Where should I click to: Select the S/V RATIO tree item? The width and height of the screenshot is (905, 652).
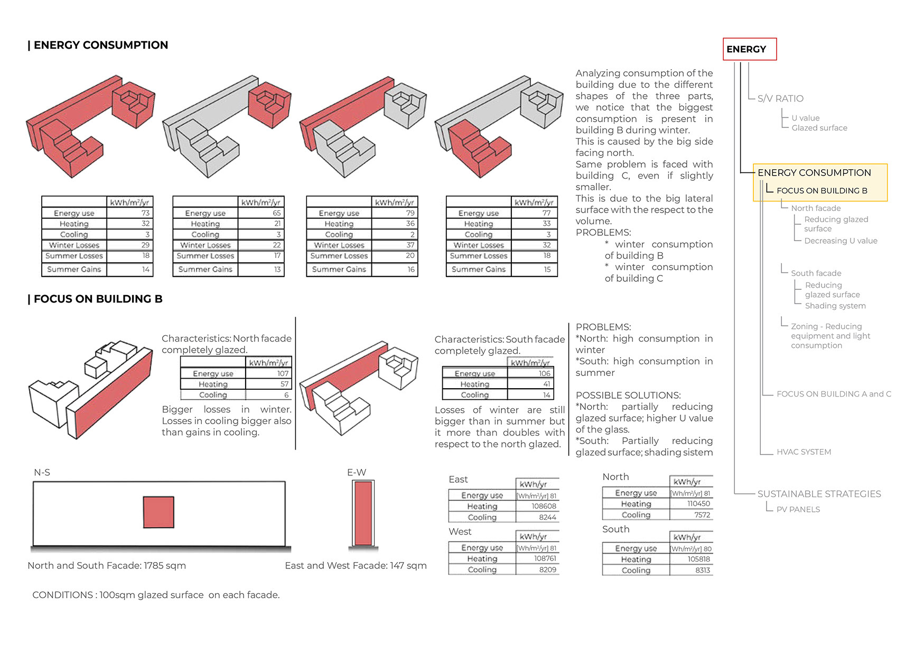pos(780,98)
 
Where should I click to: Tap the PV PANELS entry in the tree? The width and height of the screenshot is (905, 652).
pos(798,509)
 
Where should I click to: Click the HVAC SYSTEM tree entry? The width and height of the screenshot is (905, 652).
pos(803,452)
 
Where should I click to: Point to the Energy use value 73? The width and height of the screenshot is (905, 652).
pos(145,213)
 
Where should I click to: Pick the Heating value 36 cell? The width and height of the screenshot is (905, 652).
pos(410,224)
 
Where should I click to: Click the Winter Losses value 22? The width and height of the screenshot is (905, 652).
pos(277,245)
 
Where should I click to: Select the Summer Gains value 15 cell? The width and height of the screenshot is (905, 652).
pos(547,269)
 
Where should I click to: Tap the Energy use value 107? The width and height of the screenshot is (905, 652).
pos(283,373)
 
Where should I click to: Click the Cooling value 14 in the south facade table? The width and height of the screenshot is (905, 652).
pos(546,395)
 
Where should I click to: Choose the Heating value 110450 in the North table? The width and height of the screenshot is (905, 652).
pos(698,504)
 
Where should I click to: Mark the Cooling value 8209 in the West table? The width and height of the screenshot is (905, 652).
pos(547,570)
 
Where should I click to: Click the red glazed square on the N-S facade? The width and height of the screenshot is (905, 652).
pos(158,512)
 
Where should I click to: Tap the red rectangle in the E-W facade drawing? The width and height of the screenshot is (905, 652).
pos(363,513)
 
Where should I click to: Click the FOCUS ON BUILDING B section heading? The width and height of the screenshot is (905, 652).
pos(98,299)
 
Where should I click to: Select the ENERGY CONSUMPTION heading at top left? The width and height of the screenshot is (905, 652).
pos(100,45)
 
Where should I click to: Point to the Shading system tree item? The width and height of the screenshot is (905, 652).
pos(835,306)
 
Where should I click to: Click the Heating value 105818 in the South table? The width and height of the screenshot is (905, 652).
pos(698,559)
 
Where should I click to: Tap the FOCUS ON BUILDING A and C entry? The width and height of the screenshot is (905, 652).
pos(833,394)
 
